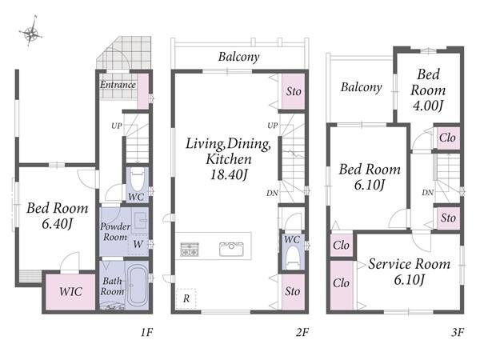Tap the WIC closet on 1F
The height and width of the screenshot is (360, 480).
[70, 292]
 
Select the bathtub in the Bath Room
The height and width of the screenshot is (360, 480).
[137, 286]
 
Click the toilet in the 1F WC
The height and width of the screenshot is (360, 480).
[138, 180]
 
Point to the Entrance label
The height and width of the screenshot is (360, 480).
[118, 85]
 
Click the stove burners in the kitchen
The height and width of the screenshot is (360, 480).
[190, 249]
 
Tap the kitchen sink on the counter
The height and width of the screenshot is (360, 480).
[231, 249]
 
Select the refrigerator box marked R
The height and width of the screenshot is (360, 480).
[186, 298]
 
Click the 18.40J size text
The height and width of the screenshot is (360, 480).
[229, 174]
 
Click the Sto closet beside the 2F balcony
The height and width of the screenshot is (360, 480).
[294, 91]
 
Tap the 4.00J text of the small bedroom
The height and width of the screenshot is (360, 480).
[428, 106]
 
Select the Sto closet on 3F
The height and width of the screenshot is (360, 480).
[448, 218]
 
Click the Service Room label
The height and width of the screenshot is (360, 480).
[410, 264]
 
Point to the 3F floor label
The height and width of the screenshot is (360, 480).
[458, 332]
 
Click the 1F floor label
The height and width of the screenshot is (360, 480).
[147, 332]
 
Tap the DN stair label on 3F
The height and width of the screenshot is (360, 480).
[428, 193]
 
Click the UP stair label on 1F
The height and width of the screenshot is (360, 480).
[116, 126]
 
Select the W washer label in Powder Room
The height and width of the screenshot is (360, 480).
[138, 244]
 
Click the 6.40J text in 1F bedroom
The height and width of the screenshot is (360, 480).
[58, 224]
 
